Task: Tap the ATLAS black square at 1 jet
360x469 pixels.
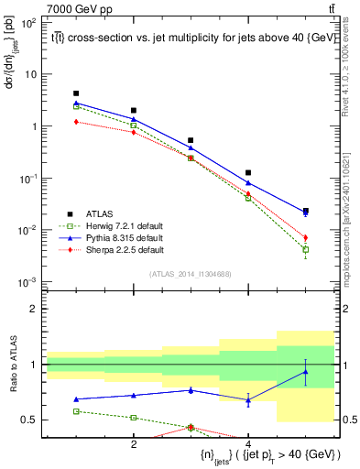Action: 76,93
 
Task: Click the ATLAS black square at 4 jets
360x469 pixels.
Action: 248,172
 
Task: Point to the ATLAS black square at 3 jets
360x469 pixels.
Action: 191,140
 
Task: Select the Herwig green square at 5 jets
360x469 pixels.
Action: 306,249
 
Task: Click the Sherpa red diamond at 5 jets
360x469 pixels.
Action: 306,237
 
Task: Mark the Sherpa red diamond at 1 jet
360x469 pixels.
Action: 76,122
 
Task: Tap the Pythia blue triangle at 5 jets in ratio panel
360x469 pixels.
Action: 306,371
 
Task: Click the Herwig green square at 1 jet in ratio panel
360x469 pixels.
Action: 76,411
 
